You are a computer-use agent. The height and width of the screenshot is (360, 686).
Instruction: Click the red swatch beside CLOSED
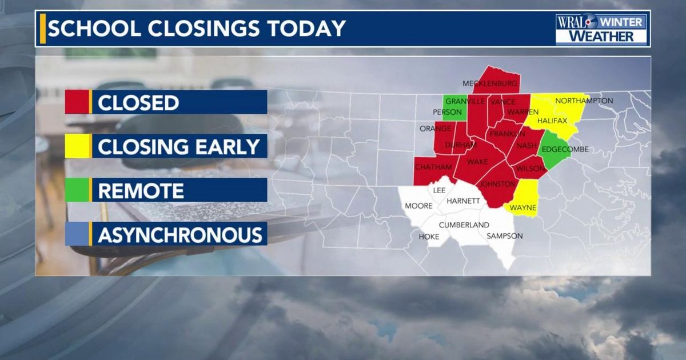[x=77, y=102]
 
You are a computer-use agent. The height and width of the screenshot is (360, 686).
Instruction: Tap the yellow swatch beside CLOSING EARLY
[x=77, y=146]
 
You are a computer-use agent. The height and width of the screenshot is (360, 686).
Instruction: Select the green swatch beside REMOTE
[x=77, y=190]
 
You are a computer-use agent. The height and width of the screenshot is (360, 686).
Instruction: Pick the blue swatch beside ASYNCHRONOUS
[x=77, y=234]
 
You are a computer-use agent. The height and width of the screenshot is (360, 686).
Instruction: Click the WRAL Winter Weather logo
[x=601, y=29]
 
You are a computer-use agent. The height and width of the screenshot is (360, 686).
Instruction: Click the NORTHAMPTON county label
[x=584, y=101]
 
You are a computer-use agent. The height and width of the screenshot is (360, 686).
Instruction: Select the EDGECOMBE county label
[x=564, y=150]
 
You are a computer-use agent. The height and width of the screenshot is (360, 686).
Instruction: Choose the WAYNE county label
[x=523, y=207]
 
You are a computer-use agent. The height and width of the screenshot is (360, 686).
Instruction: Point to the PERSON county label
[x=447, y=112]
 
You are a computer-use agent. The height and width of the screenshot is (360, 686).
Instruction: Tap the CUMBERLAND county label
[x=464, y=225]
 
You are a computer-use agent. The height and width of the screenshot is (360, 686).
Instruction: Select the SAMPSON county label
[x=504, y=236]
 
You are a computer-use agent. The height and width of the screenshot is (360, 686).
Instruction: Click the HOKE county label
[x=429, y=237]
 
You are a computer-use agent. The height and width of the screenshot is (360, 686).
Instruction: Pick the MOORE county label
[x=418, y=206]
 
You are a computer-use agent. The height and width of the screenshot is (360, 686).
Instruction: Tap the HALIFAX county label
[x=552, y=121]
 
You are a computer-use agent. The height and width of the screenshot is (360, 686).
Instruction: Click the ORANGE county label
[x=436, y=129]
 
